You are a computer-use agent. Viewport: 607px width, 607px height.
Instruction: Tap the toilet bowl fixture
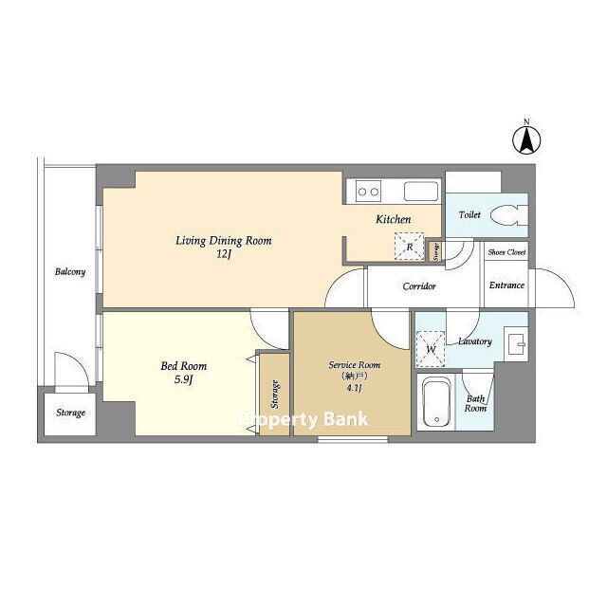coord(509,215)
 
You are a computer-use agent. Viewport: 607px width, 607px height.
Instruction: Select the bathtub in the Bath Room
coord(436,402)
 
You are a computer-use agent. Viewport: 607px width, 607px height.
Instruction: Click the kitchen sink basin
coord(421,192)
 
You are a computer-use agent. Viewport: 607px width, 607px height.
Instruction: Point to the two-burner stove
coord(368,192)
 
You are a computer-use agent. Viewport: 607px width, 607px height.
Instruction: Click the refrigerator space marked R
coord(409,247)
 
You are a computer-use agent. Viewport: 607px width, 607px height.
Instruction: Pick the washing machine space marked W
coord(431,349)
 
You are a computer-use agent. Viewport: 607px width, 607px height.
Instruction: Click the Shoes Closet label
coord(506,252)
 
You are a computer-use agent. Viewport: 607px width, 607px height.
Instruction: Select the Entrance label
coord(506,285)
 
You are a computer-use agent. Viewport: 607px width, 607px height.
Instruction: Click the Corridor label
coord(419,286)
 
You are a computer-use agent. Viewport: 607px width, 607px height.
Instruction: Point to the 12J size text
coord(224,255)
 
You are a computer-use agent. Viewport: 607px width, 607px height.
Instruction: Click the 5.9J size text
coord(183,379)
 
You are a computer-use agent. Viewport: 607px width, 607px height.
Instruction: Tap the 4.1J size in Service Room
coord(354,388)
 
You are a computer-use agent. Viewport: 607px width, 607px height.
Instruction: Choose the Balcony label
coord(70,272)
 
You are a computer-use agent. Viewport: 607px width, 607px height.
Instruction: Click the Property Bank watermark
coord(303,419)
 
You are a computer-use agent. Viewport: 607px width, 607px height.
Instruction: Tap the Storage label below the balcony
coord(70,413)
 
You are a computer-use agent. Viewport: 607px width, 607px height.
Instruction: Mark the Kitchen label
coord(394,219)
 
